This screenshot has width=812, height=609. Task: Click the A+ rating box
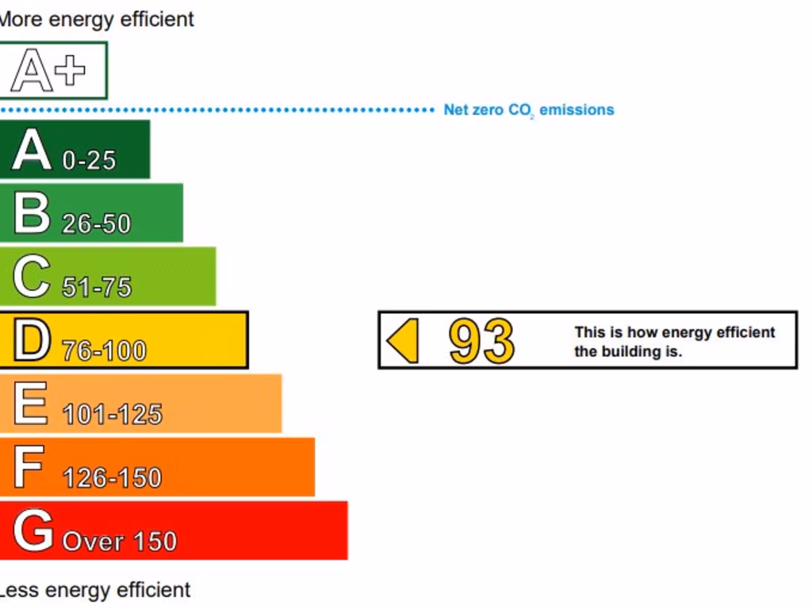click(x=52, y=71)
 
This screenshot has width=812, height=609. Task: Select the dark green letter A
click(x=32, y=150)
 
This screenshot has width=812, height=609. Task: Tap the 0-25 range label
click(x=89, y=160)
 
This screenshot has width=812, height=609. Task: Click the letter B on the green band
click(x=32, y=213)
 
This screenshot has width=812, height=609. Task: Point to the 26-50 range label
click(x=96, y=224)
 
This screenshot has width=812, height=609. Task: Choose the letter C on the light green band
click(x=32, y=277)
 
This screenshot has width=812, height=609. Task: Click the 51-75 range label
click(x=97, y=287)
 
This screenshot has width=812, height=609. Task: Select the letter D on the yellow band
click(x=32, y=340)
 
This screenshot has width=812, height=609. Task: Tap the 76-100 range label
click(x=104, y=350)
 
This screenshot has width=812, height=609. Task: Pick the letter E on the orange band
click(x=30, y=404)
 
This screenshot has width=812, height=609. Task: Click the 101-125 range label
click(x=112, y=414)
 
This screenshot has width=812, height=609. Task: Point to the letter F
click(x=29, y=467)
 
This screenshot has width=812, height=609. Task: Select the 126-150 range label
click(x=112, y=477)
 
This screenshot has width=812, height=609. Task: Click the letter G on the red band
click(x=33, y=530)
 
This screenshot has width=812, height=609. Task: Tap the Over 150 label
click(x=119, y=542)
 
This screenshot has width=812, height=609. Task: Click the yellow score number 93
click(x=481, y=341)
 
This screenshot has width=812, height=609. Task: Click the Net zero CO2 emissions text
click(x=528, y=110)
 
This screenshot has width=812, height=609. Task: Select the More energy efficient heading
click(x=96, y=20)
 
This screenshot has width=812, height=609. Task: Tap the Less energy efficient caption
click(x=94, y=590)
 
